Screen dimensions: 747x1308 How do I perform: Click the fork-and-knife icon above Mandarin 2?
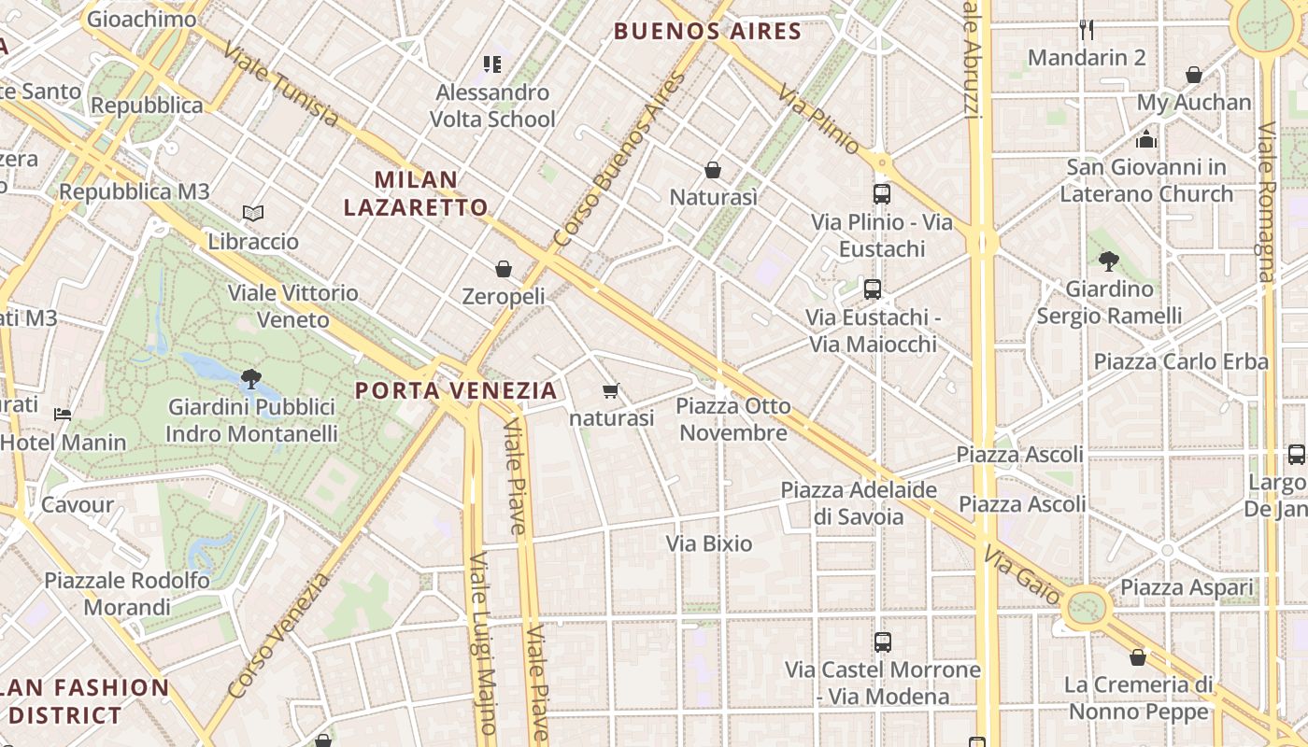click(x=1086, y=30)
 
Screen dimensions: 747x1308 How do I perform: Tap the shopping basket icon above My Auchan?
click(x=1193, y=75)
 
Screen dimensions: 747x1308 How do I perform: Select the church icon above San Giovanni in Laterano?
click(x=1146, y=140)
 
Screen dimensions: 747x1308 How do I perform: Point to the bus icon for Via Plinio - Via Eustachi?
click(x=881, y=194)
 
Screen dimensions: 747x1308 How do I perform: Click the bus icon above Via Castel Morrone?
click(x=882, y=642)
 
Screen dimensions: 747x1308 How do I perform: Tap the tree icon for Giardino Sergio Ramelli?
click(x=1109, y=261)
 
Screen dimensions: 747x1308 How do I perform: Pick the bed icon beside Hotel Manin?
click(x=63, y=414)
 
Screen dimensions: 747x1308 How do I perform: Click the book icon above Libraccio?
click(x=252, y=214)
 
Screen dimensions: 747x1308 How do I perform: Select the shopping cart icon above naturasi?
click(x=611, y=390)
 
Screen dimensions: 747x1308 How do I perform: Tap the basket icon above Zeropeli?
click(x=504, y=269)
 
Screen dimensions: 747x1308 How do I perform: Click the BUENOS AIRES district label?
click(x=707, y=32)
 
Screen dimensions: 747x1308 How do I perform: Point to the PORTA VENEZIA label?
click(x=456, y=390)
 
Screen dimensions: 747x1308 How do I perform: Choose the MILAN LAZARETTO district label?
click(x=416, y=193)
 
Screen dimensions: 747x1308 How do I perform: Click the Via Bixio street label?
click(x=708, y=543)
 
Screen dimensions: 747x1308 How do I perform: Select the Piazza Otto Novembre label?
click(x=733, y=419)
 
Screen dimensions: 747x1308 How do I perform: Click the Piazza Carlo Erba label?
click(x=1181, y=361)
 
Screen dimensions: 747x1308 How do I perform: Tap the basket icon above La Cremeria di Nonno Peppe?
click(x=1137, y=657)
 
